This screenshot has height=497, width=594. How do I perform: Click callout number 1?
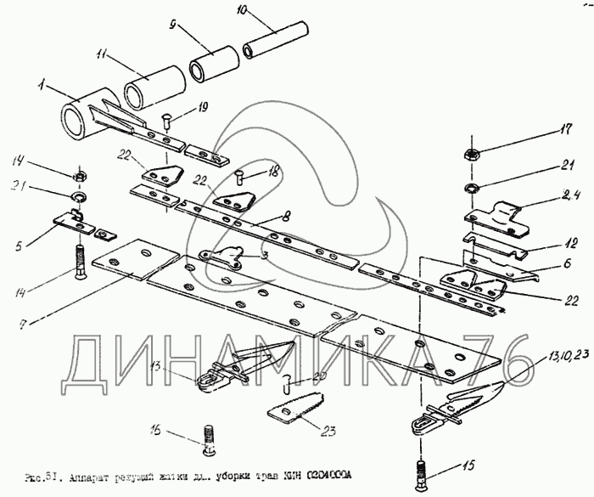(39, 84)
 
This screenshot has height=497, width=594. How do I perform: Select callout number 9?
(173, 26)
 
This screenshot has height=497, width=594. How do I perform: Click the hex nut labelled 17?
(468, 155)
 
